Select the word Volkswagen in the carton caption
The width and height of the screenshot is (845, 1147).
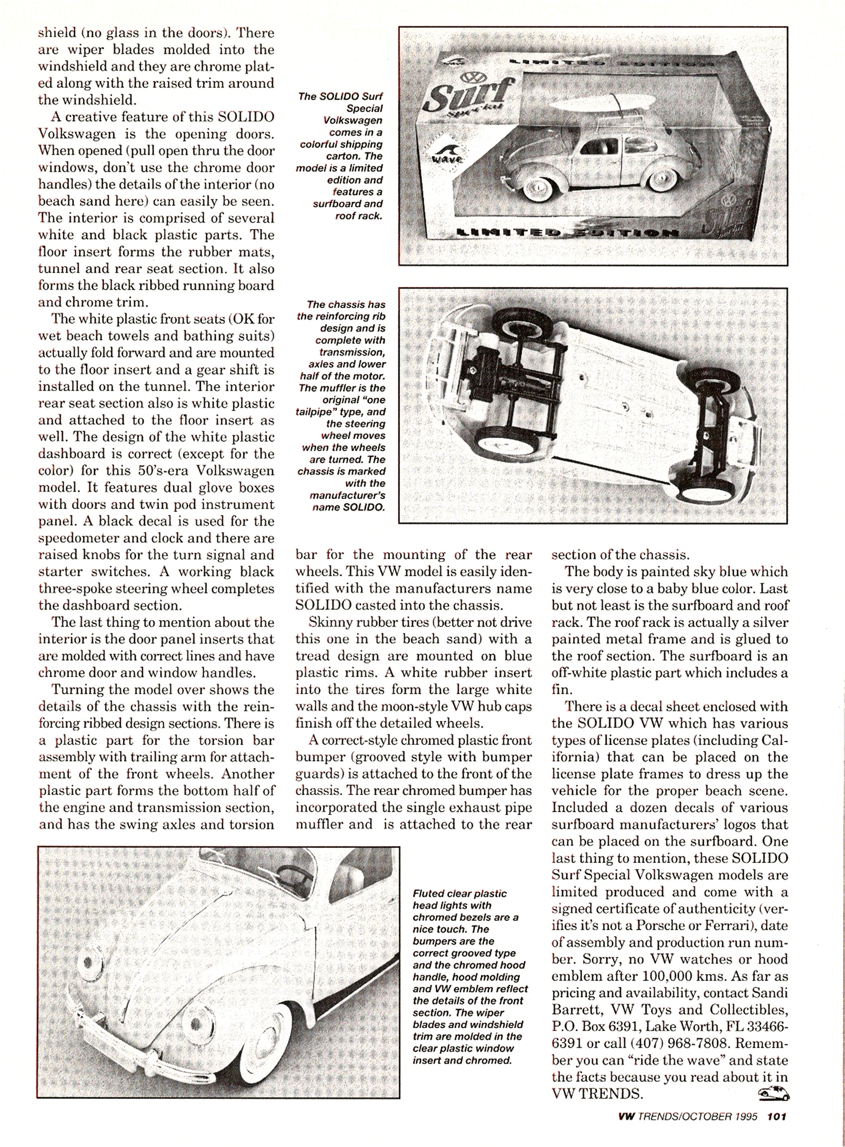352,120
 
